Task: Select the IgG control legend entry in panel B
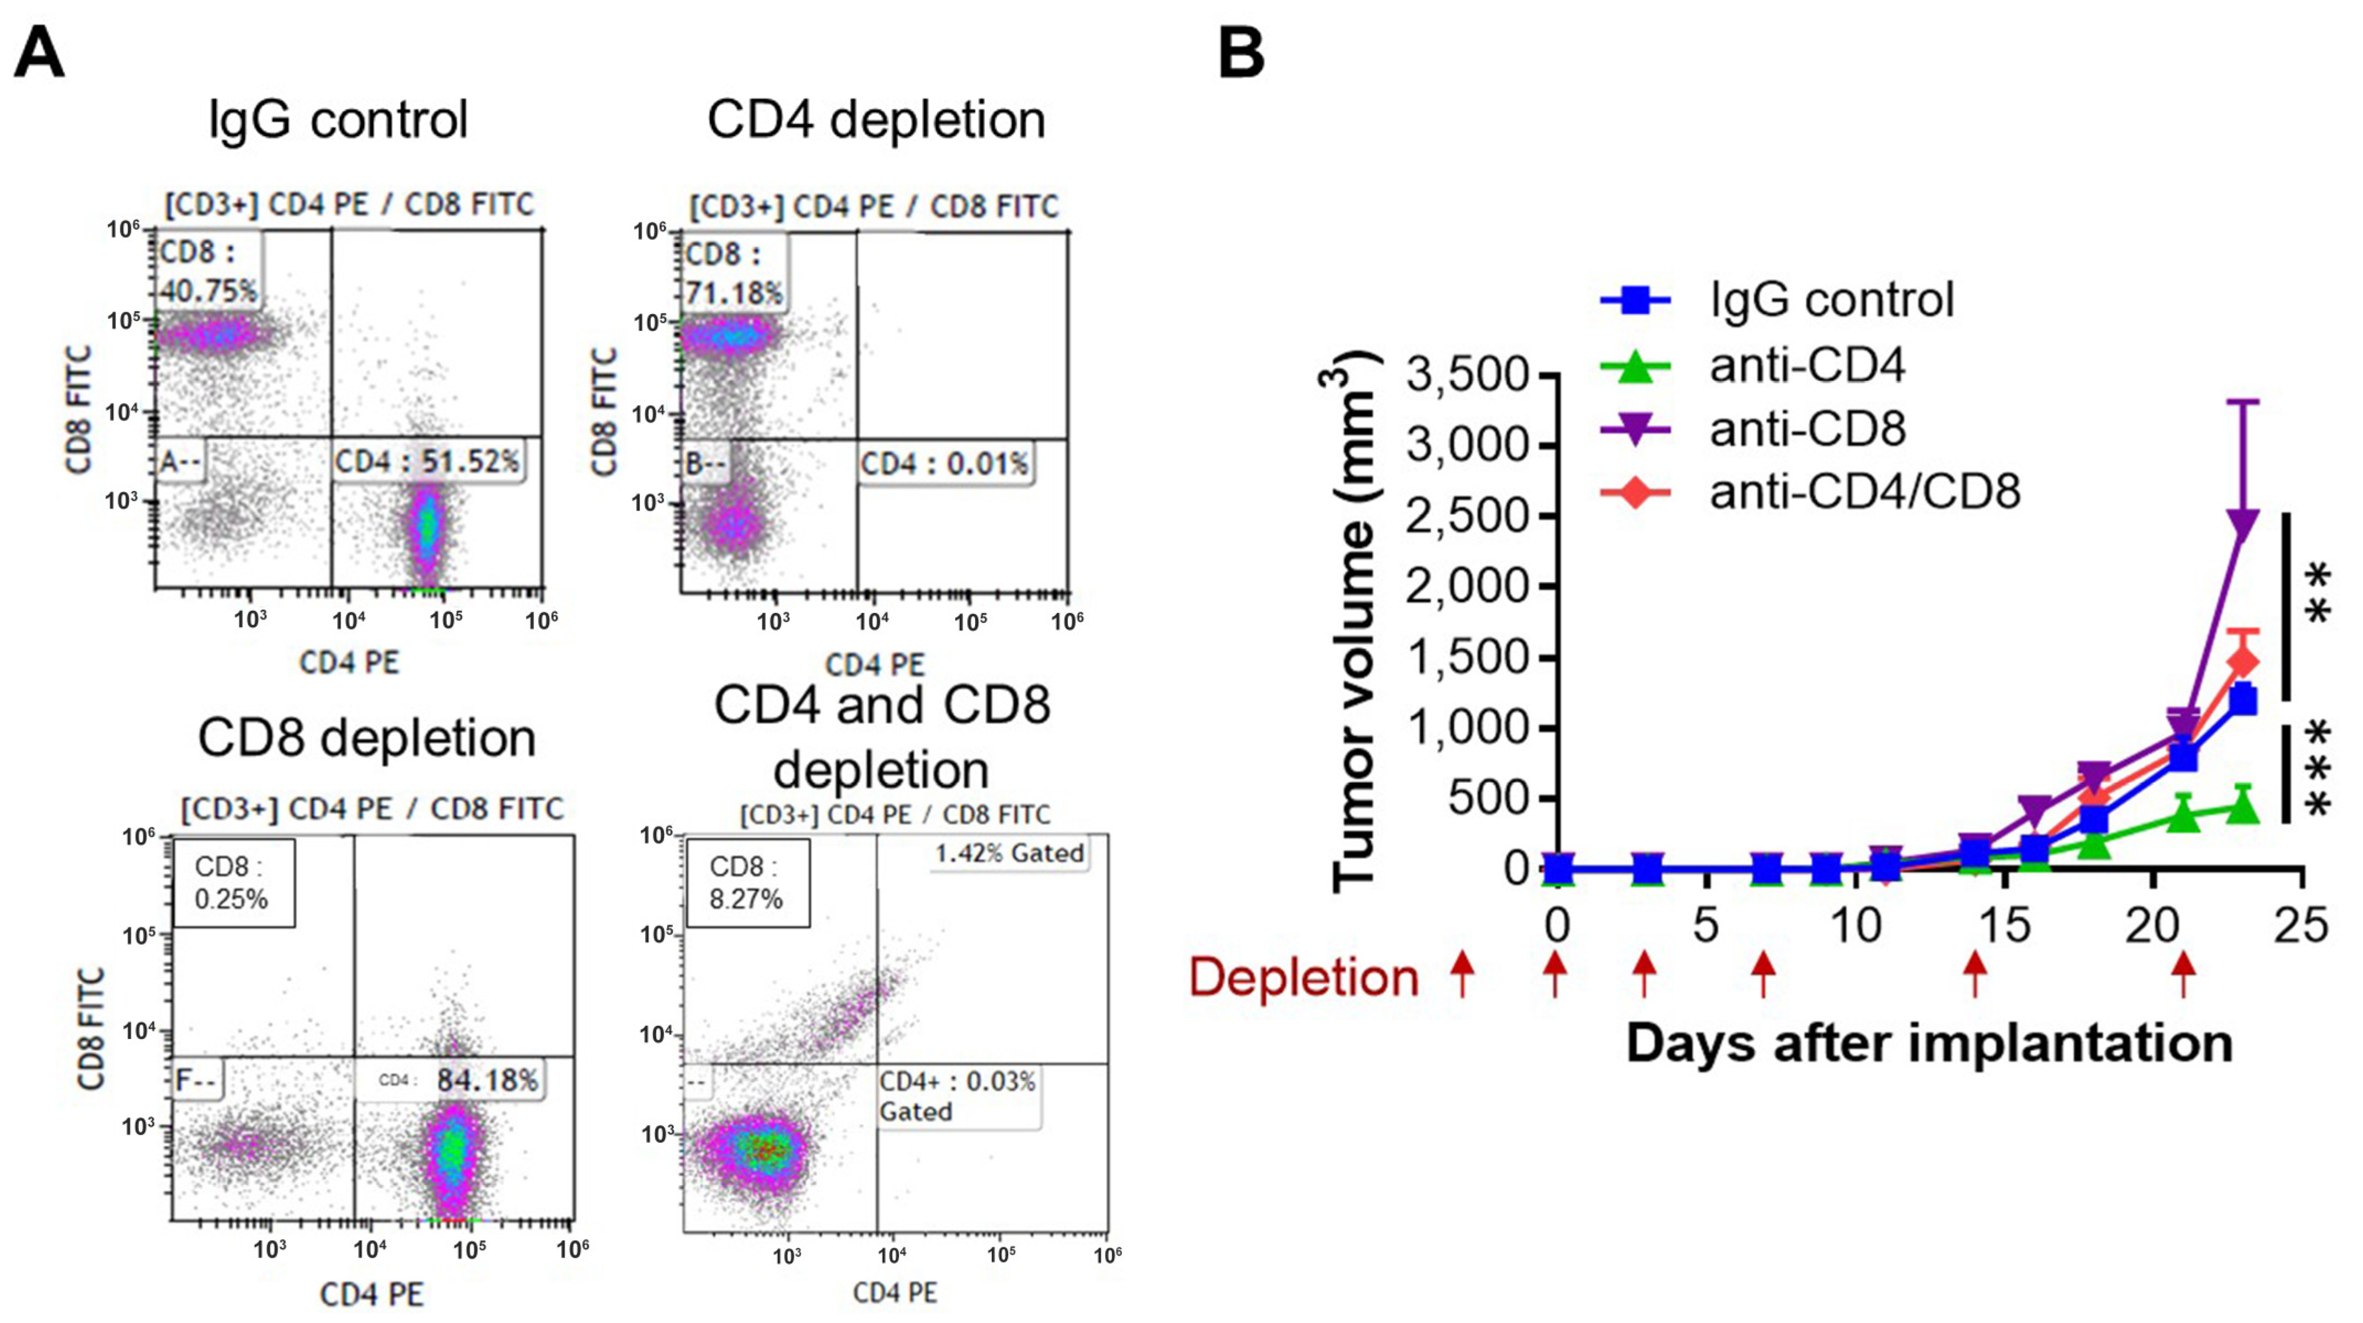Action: click(x=1831, y=300)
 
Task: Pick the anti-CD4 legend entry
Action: click(x=1807, y=365)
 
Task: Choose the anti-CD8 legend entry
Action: click(x=1807, y=429)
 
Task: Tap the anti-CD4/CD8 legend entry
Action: click(x=1864, y=492)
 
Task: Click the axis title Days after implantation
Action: click(x=1929, y=1044)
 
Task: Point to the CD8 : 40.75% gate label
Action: click(x=207, y=271)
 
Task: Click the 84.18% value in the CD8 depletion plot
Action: click(x=487, y=1080)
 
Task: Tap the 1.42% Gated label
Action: click(x=1009, y=853)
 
